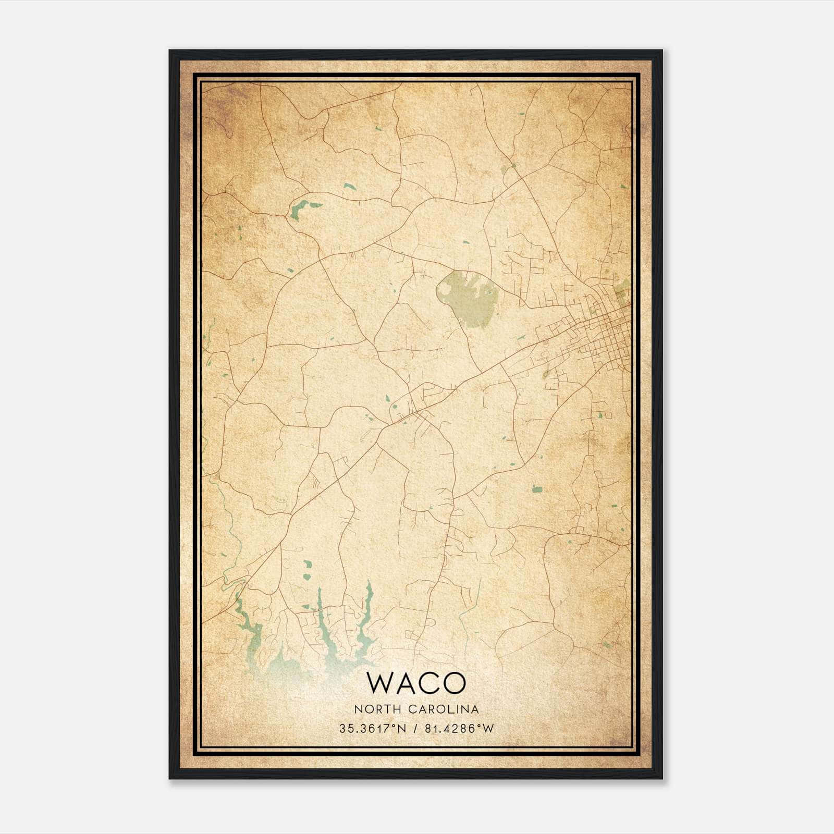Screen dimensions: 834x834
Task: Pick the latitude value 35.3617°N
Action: (x=372, y=729)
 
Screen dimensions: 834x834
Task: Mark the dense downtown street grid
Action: (x=605, y=328)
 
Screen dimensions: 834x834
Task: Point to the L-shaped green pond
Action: (x=301, y=210)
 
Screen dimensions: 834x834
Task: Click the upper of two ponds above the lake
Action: (x=308, y=565)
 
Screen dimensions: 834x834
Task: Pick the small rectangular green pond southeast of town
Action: (x=537, y=489)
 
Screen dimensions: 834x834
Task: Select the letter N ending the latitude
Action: (x=402, y=729)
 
